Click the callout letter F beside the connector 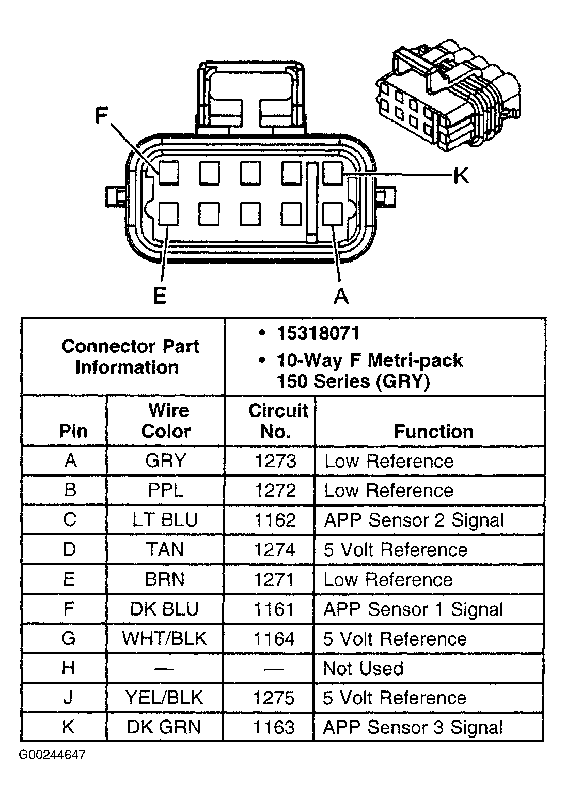[x=101, y=116]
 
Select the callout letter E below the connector [x=160, y=296]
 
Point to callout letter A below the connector [x=341, y=296]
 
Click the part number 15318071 [x=318, y=333]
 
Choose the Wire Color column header [x=166, y=421]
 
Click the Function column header [x=433, y=431]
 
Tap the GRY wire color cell [x=166, y=461]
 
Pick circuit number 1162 [x=275, y=520]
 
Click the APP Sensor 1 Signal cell [x=413, y=609]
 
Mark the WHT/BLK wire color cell [x=165, y=639]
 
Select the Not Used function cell [x=363, y=668]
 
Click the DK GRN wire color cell [x=164, y=727]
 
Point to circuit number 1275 [x=274, y=698]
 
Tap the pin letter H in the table [x=69, y=668]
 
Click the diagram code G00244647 [x=52, y=755]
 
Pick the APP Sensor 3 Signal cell [x=413, y=727]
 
